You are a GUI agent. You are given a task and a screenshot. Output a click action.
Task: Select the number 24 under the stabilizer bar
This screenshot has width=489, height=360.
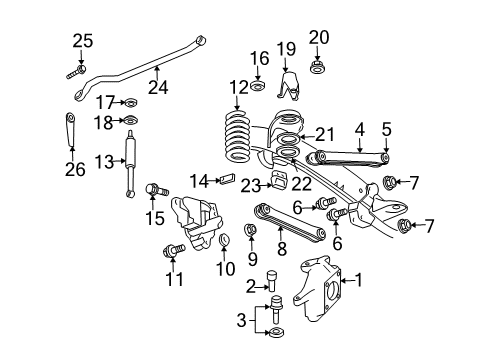tap(158, 87)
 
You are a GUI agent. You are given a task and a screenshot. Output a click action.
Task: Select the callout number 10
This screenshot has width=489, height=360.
tap(224, 269)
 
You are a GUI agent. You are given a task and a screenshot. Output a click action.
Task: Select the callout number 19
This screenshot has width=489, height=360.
tap(285, 49)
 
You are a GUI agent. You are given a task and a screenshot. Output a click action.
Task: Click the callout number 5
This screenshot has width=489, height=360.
tap(385, 129)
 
